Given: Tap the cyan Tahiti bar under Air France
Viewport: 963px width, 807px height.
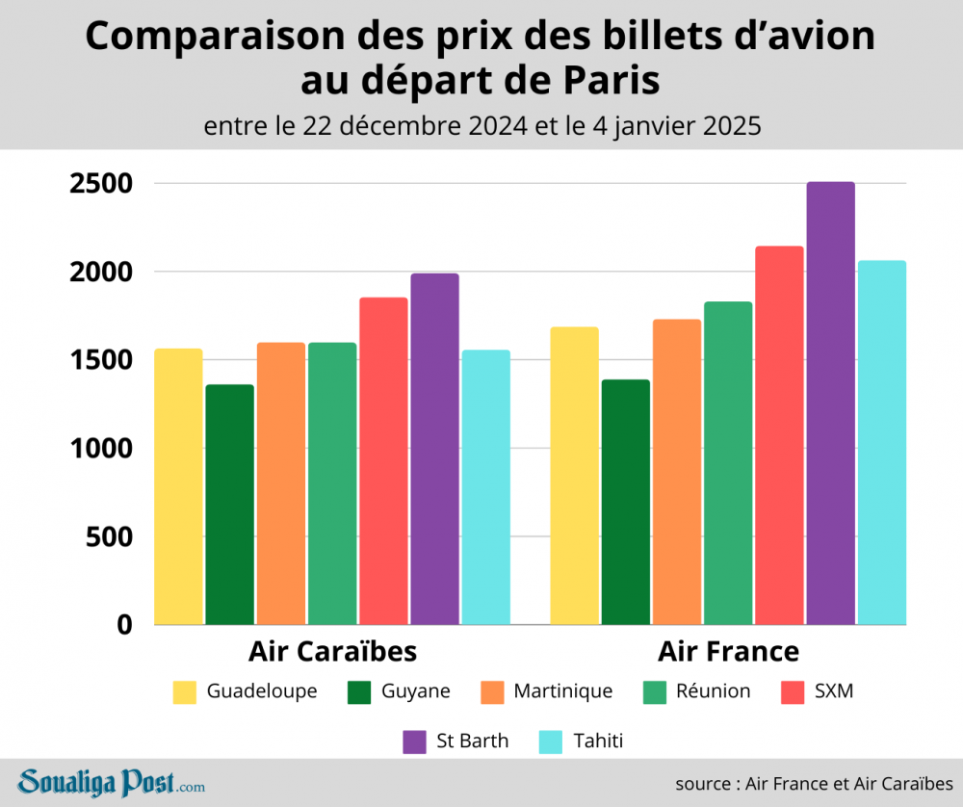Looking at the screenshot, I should [x=881, y=442].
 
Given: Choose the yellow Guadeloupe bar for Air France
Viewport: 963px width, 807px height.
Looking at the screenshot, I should [x=574, y=476].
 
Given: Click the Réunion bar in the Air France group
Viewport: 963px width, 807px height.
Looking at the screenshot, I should [x=728, y=463].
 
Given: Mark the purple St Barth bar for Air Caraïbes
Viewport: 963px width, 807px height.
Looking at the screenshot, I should [x=434, y=449].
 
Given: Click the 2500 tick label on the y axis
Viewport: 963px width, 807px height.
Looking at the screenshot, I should [x=100, y=183].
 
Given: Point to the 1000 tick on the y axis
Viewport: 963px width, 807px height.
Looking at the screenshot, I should [x=100, y=449].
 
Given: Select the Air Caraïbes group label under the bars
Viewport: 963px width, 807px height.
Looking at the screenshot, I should [x=332, y=652].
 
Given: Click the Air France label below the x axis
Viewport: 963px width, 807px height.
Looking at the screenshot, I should [x=728, y=652].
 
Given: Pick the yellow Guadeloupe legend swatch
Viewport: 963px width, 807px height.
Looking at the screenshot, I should [x=185, y=691].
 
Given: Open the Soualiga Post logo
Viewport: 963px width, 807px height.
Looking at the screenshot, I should [x=111, y=782].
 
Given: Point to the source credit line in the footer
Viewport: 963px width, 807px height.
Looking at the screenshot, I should [x=814, y=783].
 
